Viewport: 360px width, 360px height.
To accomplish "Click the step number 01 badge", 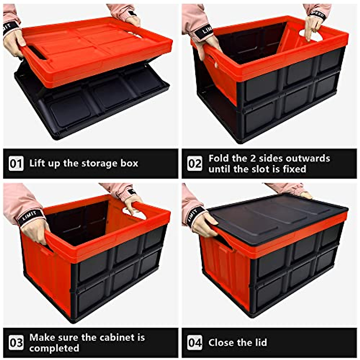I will click(16, 163).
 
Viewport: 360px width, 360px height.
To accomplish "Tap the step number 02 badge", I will click(195, 163).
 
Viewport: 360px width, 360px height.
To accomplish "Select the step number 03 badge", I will click(16, 343).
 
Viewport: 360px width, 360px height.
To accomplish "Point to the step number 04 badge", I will click(195, 343).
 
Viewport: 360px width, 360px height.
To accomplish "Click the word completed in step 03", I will click(54, 348).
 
